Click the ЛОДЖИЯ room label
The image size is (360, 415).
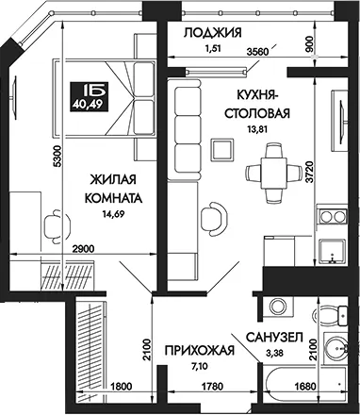click(213, 33)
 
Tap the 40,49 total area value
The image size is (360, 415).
click(88, 104)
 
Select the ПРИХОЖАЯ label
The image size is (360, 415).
click(200, 350)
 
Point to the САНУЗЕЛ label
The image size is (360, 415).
click(274, 338)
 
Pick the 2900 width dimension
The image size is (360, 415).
click(83, 249)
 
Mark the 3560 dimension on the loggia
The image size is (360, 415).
click(257, 51)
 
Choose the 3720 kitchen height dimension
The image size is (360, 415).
click(310, 172)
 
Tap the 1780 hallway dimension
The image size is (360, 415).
click(212, 386)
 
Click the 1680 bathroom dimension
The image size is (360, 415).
click(304, 386)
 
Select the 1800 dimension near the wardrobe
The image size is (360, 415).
click(121, 386)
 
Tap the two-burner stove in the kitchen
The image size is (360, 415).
click(332, 217)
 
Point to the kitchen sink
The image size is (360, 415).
click(332, 251)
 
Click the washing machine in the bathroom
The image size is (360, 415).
click(278, 306)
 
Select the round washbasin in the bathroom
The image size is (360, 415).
click(336, 349)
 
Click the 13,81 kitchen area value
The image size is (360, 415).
click(257, 129)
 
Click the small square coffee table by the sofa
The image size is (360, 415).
click(222, 149)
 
